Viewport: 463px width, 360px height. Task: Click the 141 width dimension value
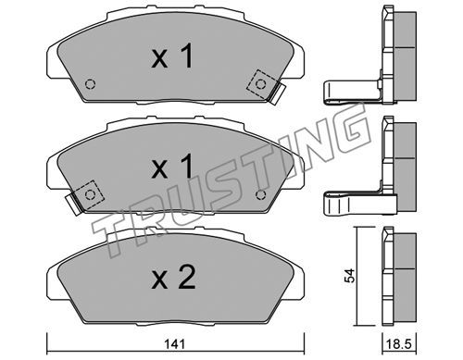174,343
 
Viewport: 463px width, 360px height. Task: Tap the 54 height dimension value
350,276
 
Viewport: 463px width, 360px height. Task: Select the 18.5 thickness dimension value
400,343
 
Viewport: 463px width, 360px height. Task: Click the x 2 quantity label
173,278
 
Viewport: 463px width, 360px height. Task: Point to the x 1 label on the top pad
172,56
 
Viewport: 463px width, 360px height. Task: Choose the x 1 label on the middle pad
172,167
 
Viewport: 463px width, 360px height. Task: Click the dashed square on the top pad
261,84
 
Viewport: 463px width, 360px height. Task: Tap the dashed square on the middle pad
90,194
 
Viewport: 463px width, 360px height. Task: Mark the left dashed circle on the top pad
90,84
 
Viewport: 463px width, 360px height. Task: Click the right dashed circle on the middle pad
261,194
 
